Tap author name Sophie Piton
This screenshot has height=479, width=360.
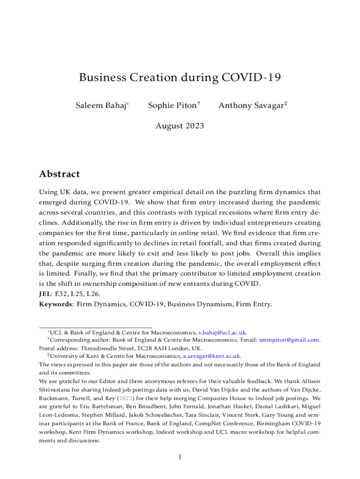[172, 106]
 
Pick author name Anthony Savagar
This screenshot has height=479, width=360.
[251, 106]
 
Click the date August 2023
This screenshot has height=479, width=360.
[180, 126]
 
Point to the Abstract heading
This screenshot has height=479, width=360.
[59, 174]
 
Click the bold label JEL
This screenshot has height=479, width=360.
[45, 294]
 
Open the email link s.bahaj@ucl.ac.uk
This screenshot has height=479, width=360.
[223, 332]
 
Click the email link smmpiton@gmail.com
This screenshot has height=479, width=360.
[289, 340]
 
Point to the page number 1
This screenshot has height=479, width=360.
[180, 457]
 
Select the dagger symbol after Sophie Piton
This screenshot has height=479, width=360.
[199, 103]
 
